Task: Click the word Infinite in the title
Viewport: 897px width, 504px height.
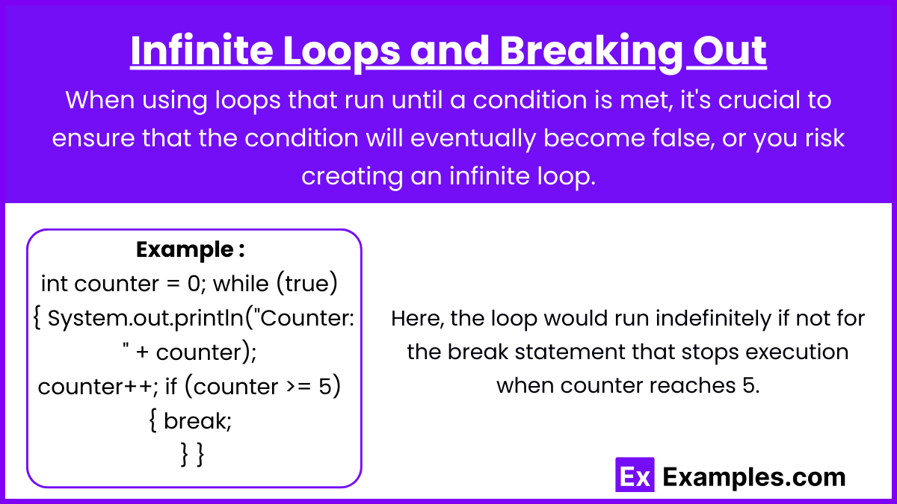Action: [x=202, y=51]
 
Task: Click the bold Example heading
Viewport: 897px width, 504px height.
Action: [x=190, y=250]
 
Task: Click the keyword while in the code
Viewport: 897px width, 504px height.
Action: [x=241, y=284]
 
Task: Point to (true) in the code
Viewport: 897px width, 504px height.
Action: [x=307, y=284]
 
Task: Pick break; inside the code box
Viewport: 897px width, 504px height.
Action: [x=197, y=421]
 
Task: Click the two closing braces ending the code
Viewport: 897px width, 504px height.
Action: [x=193, y=455]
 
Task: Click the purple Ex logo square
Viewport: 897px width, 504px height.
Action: [x=635, y=474]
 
